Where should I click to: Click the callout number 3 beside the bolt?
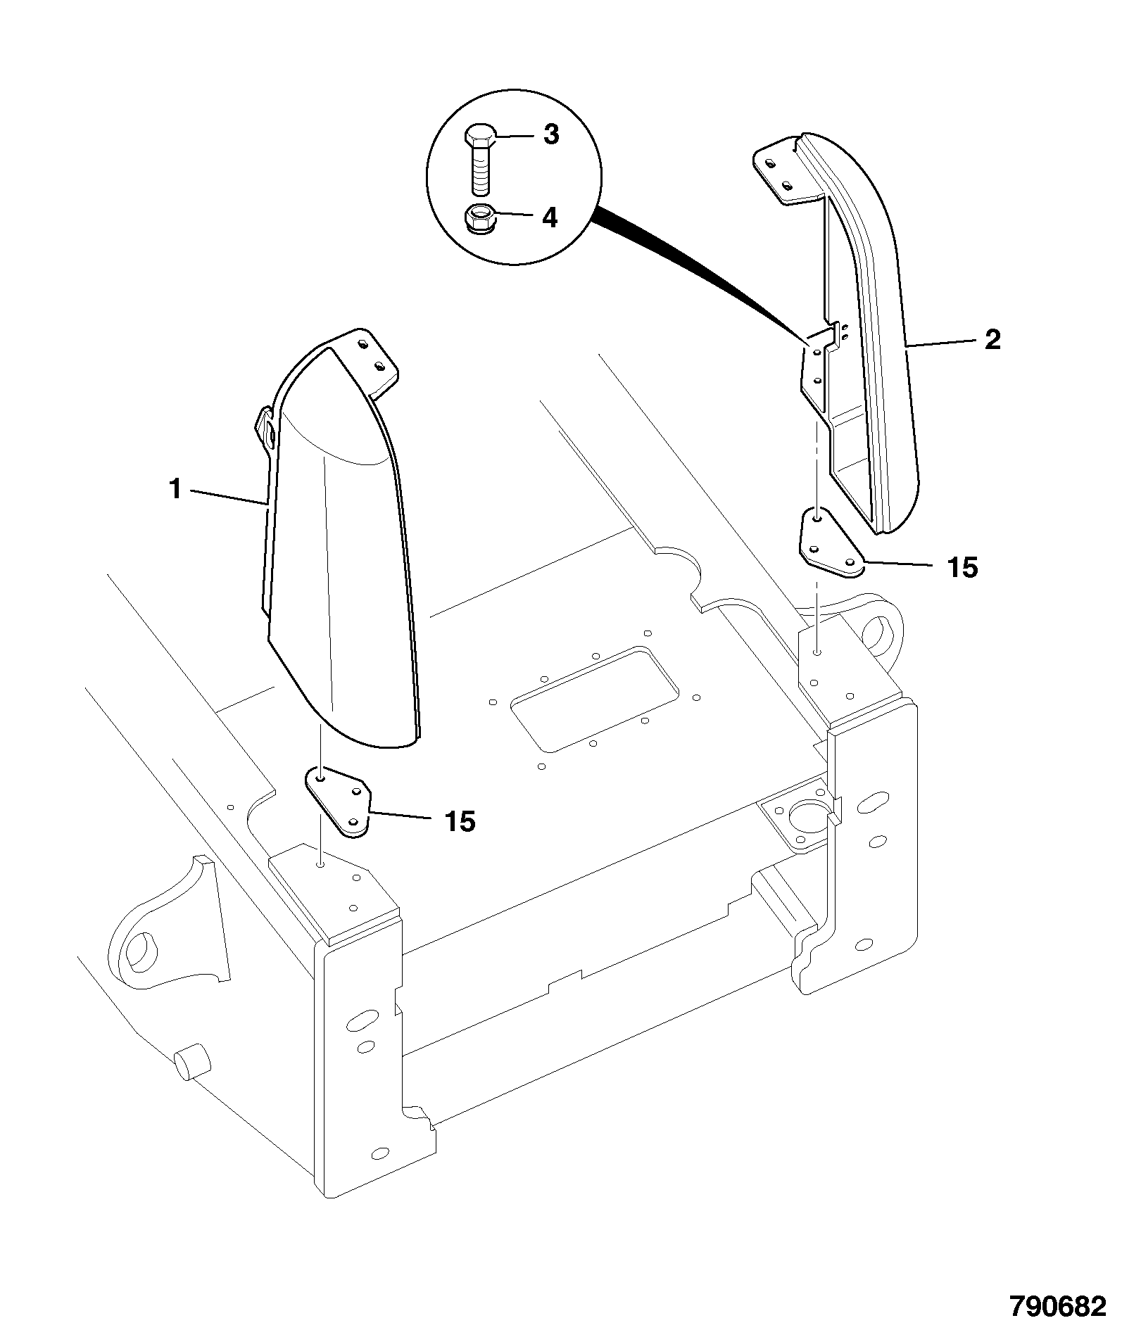[551, 134]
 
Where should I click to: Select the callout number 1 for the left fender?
[175, 488]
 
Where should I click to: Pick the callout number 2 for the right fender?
[992, 341]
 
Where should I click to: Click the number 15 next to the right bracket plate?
[962, 567]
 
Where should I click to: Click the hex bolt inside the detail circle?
[480, 160]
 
